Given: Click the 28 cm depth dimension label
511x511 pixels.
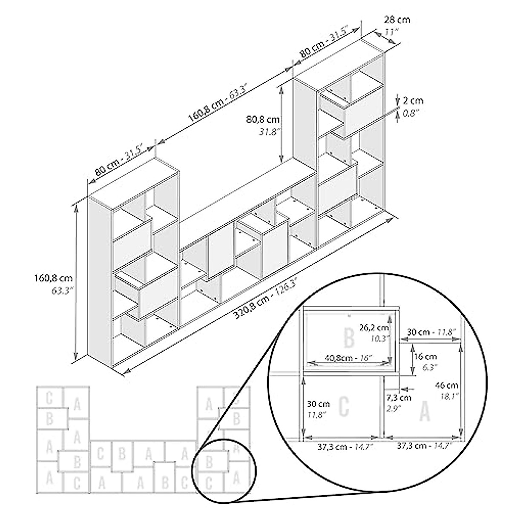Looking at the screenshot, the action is pyautogui.click(x=397, y=20).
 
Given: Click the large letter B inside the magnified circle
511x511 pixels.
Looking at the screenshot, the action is pyautogui.click(x=349, y=338).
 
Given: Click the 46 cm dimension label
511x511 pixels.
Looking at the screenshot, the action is pyautogui.click(x=447, y=386).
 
